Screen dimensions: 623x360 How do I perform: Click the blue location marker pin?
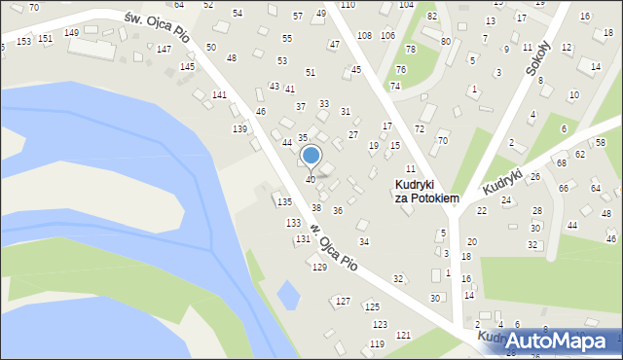click(311, 156)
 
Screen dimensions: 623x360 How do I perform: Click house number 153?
click(22, 41)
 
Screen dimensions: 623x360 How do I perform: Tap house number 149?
click(71, 33)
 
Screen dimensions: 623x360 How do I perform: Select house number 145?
click(187, 66)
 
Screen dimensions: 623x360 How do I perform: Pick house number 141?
click(219, 94)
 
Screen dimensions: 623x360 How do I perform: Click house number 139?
click(238, 129)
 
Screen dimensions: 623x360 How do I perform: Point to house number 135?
click(283, 201)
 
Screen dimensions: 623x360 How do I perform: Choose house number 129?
click(319, 268)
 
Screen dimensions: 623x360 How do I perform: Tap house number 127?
click(343, 302)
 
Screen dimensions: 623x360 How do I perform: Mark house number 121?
click(403, 336)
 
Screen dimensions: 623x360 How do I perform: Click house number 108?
click(364, 36)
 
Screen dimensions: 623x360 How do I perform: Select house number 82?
click(432, 18)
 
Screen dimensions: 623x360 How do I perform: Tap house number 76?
click(401, 70)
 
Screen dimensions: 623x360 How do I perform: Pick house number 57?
click(298, 17)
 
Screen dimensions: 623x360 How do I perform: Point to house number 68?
click(561, 162)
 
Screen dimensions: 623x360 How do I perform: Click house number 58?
click(600, 143)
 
